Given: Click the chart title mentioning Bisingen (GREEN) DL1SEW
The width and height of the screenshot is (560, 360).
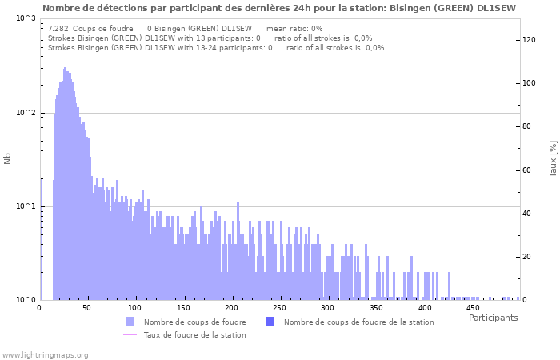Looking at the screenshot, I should [279, 7].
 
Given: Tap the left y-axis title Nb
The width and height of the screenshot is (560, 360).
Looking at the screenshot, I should [8, 158].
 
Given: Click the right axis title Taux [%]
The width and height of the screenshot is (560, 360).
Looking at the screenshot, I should [553, 158].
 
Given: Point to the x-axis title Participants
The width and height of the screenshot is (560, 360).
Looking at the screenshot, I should [493, 318].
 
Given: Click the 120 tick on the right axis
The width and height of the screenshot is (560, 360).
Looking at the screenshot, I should [529, 40].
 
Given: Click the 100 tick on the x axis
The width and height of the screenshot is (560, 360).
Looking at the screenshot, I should [135, 307].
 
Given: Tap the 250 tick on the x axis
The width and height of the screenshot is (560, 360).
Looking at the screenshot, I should [280, 307].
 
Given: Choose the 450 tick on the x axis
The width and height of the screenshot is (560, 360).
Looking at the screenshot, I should [473, 307].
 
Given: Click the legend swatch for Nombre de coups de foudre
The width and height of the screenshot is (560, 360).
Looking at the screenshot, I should [130, 322].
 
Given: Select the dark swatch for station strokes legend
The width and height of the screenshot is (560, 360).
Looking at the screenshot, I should [270, 322].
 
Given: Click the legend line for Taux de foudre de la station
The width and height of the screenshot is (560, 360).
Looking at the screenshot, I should [130, 334].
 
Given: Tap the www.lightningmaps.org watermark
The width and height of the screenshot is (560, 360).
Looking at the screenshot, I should [46, 354].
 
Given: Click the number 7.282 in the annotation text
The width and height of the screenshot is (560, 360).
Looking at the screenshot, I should [58, 28].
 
